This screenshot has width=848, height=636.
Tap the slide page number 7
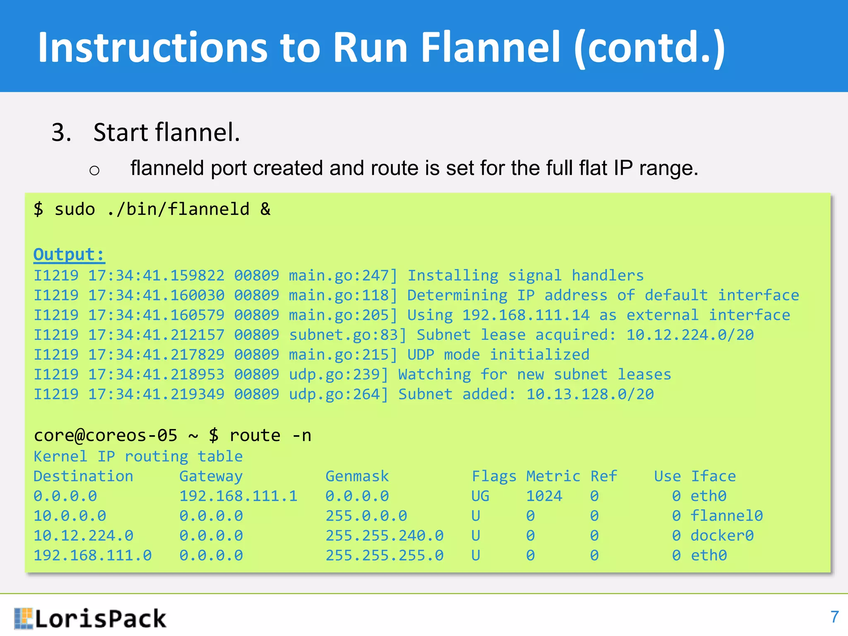coord(834,617)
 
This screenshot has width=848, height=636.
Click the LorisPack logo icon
coord(23,618)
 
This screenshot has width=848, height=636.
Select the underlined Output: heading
coord(69,254)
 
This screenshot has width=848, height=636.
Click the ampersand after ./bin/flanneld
coord(265,209)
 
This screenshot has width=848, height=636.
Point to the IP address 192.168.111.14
coord(525,315)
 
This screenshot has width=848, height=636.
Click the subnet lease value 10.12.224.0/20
coord(690,335)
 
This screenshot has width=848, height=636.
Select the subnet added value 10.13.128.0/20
coord(590,394)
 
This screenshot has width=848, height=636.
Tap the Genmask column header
coord(357,476)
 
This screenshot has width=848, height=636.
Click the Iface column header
coord(713,476)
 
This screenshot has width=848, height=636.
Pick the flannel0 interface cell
coord(726,516)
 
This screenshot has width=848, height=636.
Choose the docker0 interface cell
coord(722,536)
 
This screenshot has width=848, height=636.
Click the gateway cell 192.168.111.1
coord(238,496)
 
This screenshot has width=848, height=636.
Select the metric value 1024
coord(544,496)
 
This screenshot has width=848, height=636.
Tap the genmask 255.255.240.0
coord(384,536)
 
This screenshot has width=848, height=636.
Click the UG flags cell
coord(480,496)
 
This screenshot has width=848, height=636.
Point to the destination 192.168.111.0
coord(93,556)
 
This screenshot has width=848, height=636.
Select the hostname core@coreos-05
coord(106,436)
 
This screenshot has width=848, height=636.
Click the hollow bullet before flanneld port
coord(94,170)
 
